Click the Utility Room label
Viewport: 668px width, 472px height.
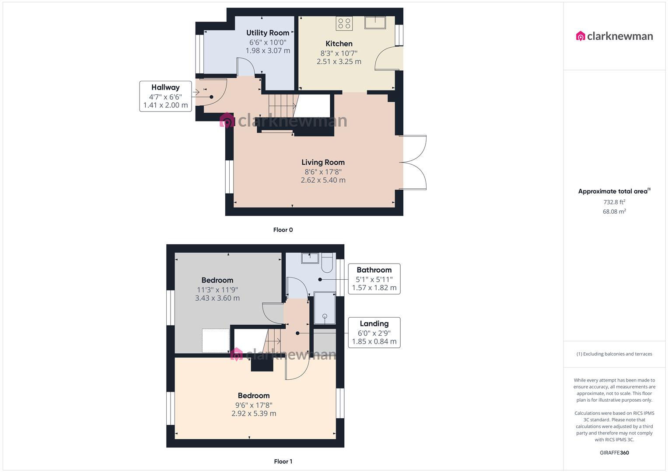point(267,33)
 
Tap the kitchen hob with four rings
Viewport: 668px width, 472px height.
point(344,23)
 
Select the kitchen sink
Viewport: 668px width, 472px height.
point(375,23)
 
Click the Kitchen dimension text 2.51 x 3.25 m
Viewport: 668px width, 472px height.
point(339,62)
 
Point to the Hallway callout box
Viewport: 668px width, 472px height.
point(165,96)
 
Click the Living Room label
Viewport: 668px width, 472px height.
point(323,163)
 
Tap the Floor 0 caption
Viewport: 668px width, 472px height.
point(283,230)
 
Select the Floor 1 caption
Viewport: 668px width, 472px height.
point(283,461)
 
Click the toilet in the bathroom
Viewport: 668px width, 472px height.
point(327,263)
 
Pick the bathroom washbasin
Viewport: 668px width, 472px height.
point(310,258)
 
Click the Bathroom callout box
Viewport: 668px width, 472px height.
point(374,279)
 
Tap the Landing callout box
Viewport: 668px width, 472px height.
point(374,333)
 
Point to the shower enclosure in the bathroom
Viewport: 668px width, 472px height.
point(325,308)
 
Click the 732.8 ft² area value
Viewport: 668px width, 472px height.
point(614,202)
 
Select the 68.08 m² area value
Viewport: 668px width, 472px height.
point(614,211)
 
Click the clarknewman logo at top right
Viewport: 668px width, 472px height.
point(614,36)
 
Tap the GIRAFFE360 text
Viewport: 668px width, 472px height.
point(614,453)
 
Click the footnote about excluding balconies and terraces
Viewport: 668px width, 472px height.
point(614,354)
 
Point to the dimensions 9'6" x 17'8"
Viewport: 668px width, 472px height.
point(254,405)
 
